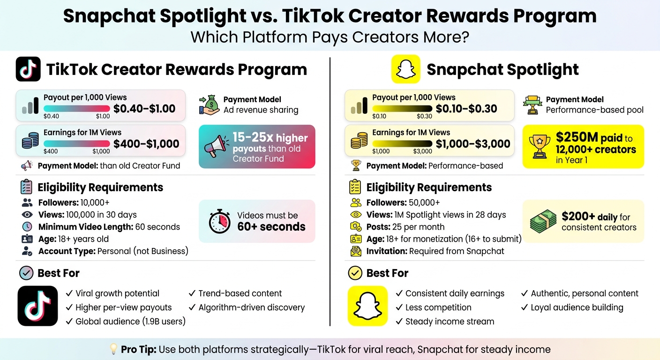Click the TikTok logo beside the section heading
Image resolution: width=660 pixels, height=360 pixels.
click(28, 69)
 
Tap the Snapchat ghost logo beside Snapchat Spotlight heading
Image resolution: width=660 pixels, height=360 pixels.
click(405, 69)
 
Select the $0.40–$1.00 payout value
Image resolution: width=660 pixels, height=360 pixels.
click(144, 109)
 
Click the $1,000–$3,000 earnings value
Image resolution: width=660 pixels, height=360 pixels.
click(472, 144)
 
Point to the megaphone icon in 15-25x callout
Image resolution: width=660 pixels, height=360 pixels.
click(216, 146)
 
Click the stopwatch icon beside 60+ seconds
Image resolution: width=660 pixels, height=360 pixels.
click(219, 222)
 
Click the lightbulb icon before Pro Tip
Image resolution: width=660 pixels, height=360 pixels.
click(113, 349)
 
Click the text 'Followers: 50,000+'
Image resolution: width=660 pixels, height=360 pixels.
click(403, 202)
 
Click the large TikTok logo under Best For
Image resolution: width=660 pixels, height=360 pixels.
click(37, 306)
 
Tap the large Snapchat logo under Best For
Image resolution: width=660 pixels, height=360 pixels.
click(367, 306)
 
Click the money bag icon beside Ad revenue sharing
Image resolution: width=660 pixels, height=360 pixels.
click(209, 105)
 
